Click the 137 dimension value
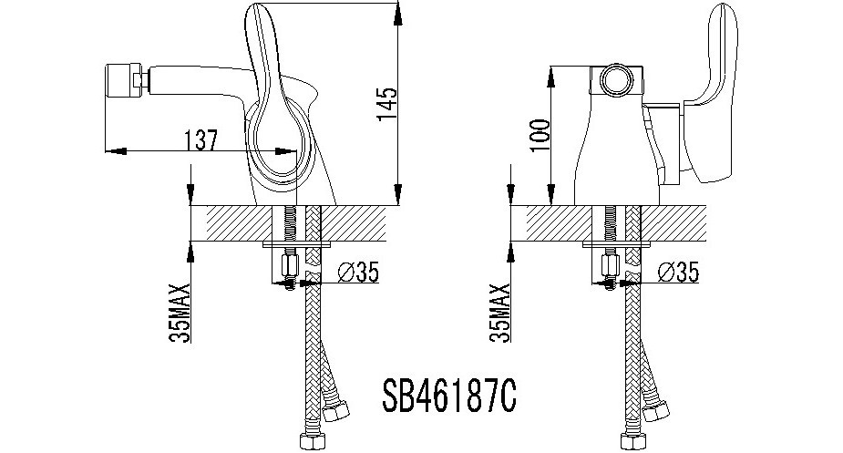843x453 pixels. point(200,140)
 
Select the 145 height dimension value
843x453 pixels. point(387,104)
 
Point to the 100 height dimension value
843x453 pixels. point(540,136)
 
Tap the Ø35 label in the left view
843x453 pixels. point(358,273)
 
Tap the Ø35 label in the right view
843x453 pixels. point(678,273)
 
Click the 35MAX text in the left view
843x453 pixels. point(180,314)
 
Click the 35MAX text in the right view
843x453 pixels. point(500,314)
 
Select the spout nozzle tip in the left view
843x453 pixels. point(122,81)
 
